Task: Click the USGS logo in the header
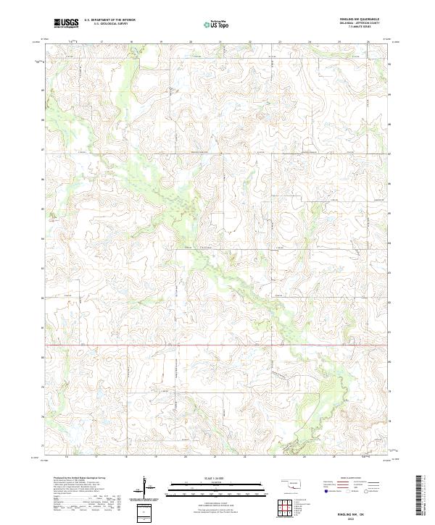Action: (x=66, y=22)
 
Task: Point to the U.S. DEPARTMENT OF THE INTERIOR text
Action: (x=109, y=20)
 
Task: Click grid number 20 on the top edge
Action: (x=191, y=42)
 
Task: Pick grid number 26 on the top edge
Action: (x=368, y=42)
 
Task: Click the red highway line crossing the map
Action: (x=217, y=346)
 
